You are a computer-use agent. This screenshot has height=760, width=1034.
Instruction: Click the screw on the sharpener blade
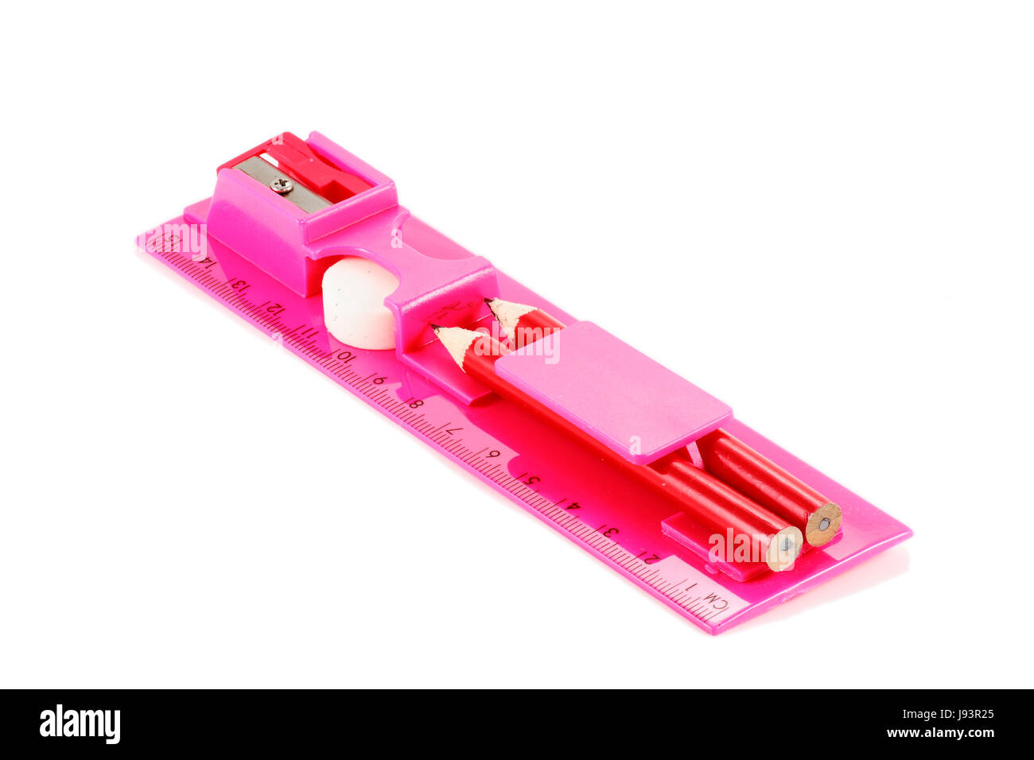(x=282, y=184)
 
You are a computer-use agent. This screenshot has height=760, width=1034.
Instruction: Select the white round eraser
(x=357, y=303)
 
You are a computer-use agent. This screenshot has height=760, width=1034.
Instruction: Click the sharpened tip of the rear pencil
(x=490, y=302)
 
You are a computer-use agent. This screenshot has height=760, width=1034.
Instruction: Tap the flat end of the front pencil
(x=784, y=547)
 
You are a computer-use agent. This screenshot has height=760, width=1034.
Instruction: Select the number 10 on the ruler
(x=344, y=355)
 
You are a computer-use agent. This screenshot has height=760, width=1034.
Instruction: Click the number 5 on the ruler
(x=528, y=479)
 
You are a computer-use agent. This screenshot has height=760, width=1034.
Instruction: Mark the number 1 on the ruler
(x=690, y=585)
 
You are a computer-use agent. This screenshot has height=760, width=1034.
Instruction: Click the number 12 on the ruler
(x=273, y=307)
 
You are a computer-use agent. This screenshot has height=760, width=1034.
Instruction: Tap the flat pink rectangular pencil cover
(x=612, y=390)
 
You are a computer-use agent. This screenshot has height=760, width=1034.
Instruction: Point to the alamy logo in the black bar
(x=80, y=724)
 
